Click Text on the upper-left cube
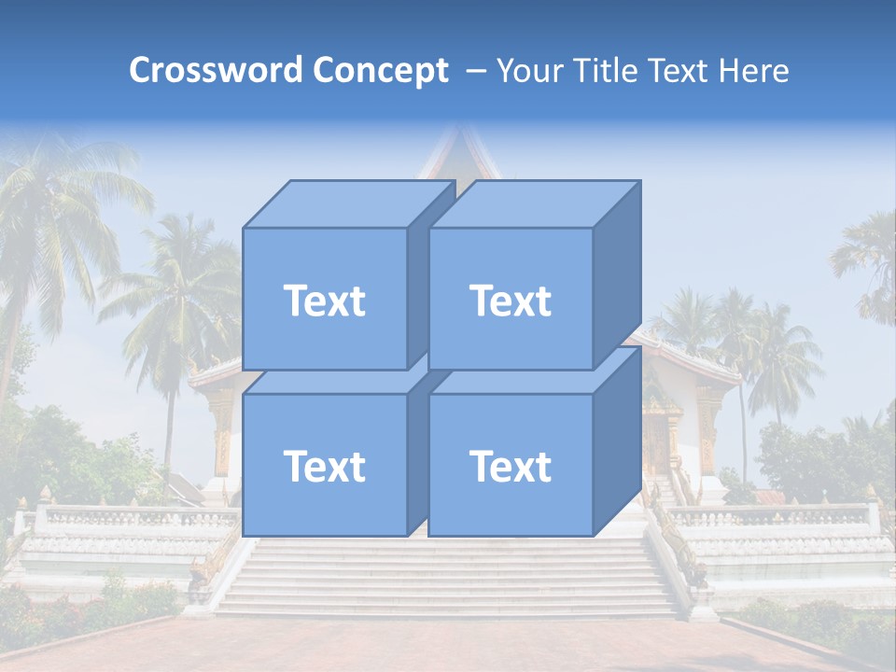[324, 301]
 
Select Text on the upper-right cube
[511, 301]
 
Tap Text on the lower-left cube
[324, 466]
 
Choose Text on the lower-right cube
[511, 466]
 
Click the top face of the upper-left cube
[347, 203]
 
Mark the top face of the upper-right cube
[534, 203]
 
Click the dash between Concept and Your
[474, 71]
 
